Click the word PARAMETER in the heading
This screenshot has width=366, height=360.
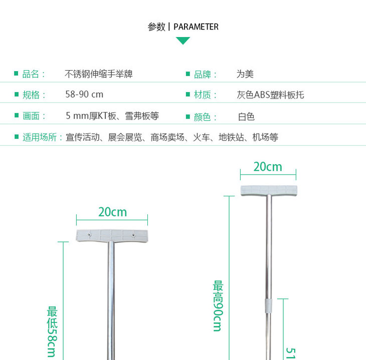click(x=196, y=27)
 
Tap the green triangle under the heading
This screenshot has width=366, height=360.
click(x=183, y=41)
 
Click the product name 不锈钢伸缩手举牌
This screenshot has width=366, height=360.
click(x=99, y=74)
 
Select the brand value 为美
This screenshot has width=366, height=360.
click(x=245, y=74)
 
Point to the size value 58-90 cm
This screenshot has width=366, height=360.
click(x=84, y=95)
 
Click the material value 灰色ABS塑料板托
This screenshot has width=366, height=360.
click(x=270, y=95)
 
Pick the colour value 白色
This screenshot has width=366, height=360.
click(x=246, y=117)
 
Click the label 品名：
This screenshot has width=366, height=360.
click(x=34, y=74)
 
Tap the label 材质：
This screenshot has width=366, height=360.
click(x=206, y=95)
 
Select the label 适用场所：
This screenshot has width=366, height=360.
click(x=43, y=137)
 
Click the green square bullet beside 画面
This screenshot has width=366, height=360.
click(x=16, y=116)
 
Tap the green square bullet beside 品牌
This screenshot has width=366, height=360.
click(x=188, y=75)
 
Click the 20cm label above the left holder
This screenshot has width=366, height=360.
click(x=112, y=212)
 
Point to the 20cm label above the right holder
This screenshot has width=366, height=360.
click(x=268, y=167)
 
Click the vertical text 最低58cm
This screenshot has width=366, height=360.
click(x=53, y=331)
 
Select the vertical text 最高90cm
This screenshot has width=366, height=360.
click(x=218, y=305)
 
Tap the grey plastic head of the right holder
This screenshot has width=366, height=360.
click(x=268, y=190)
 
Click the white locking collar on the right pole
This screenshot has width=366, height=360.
click(x=268, y=306)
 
